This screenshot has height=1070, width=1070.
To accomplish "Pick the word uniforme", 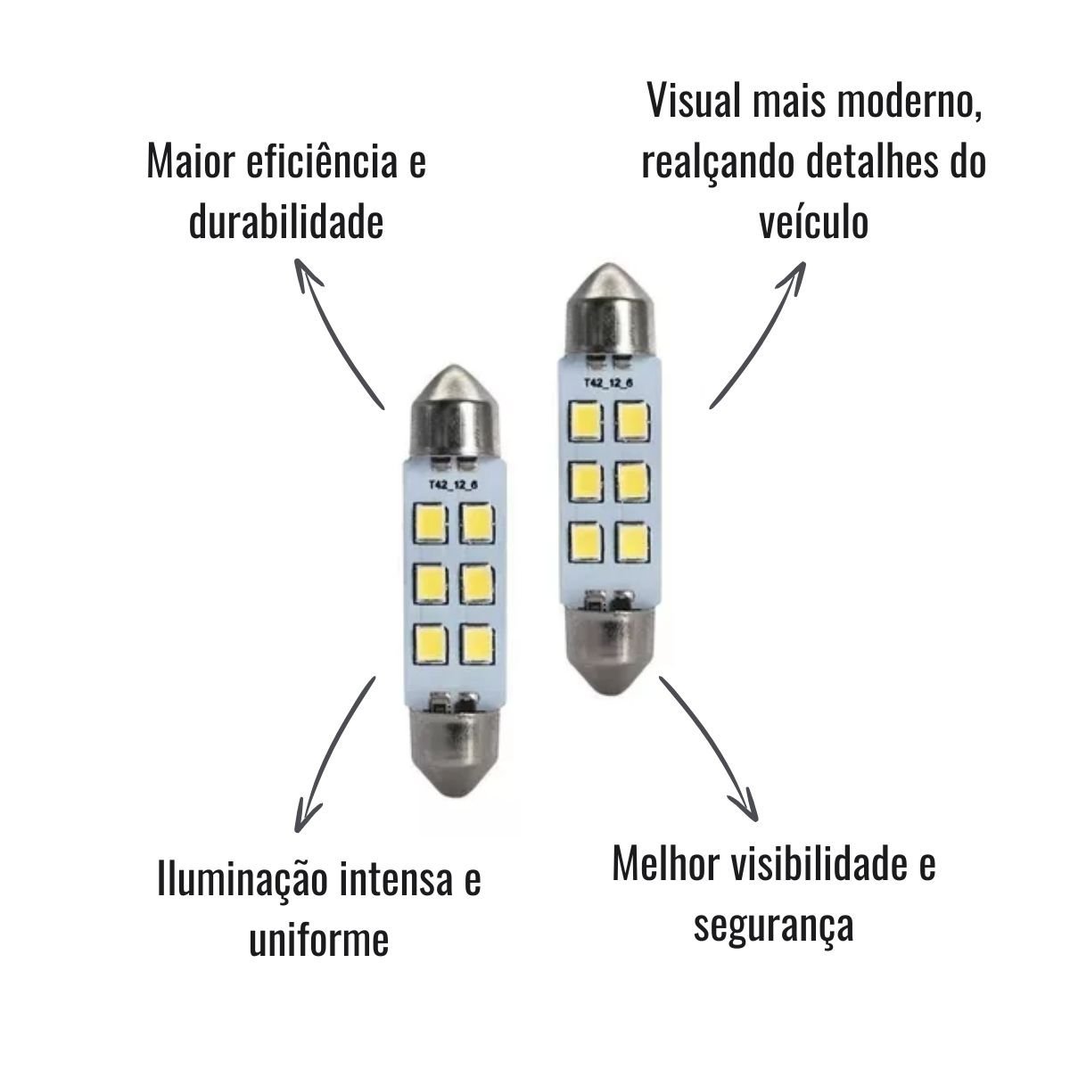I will pos(318,940).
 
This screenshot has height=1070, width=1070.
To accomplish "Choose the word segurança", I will pos(773,925).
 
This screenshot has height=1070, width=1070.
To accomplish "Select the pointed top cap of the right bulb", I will pos(608,303).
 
